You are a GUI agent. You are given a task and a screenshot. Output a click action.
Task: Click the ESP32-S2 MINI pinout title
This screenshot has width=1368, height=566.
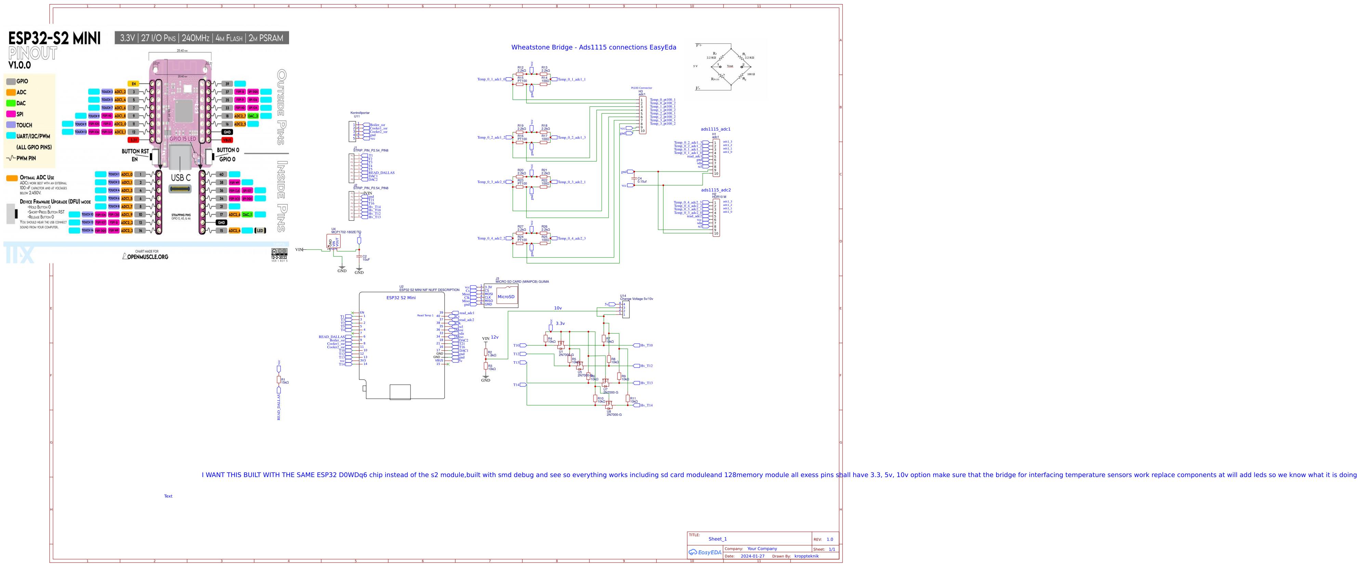[54, 39]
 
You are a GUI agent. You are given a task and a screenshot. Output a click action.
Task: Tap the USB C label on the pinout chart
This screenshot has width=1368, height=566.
[181, 178]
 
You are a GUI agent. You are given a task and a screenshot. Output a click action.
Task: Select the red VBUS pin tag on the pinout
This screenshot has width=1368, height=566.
[227, 140]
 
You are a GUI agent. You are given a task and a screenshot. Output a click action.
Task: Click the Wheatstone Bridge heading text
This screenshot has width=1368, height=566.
[593, 47]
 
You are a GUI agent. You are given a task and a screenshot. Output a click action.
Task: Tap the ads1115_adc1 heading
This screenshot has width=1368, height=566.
[715, 129]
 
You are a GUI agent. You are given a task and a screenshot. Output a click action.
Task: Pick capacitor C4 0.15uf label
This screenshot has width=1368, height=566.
[641, 180]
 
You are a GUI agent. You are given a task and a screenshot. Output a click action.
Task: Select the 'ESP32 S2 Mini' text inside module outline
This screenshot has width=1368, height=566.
[401, 298]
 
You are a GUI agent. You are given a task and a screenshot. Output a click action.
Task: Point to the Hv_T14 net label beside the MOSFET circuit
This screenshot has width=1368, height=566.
[646, 406]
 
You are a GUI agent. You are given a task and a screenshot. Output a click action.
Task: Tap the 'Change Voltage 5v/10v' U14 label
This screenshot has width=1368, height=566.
[636, 298]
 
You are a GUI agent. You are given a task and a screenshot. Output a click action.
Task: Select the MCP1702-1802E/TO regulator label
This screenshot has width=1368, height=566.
[346, 232]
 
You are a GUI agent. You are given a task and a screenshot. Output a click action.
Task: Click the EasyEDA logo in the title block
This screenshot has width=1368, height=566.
[705, 552]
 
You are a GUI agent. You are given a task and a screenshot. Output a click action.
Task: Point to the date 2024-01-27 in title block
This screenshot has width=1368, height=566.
[753, 556]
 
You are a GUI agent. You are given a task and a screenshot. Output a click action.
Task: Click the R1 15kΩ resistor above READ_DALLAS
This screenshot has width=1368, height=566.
[284, 381]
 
